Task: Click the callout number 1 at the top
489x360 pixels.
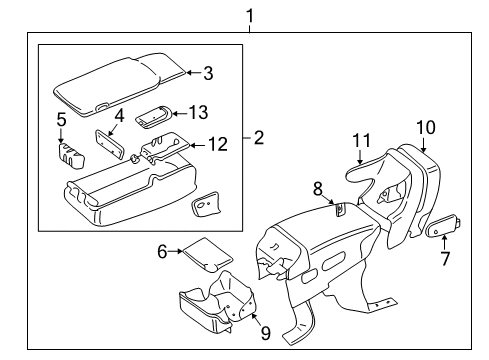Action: (x=250, y=16)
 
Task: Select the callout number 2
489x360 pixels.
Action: (x=259, y=137)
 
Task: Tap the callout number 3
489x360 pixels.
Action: (x=208, y=73)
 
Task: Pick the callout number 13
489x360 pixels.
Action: (x=198, y=112)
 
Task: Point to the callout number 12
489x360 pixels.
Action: (x=218, y=144)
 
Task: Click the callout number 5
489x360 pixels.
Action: (x=61, y=119)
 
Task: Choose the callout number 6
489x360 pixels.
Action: (x=162, y=251)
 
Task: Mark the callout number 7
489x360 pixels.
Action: (x=446, y=258)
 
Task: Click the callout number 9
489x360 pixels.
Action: (x=266, y=333)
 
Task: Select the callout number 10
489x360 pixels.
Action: (x=426, y=127)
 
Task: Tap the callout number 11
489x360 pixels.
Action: (x=361, y=140)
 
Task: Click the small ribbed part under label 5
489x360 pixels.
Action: (x=71, y=155)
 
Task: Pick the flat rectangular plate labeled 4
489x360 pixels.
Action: (x=110, y=143)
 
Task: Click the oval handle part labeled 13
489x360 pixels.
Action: (x=154, y=116)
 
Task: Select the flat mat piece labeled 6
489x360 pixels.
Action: (x=207, y=255)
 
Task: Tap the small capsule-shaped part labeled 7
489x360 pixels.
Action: (x=443, y=225)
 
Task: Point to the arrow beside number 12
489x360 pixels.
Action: (x=198, y=145)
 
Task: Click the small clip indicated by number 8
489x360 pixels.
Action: (x=340, y=209)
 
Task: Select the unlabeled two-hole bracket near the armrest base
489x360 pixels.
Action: (x=205, y=204)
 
